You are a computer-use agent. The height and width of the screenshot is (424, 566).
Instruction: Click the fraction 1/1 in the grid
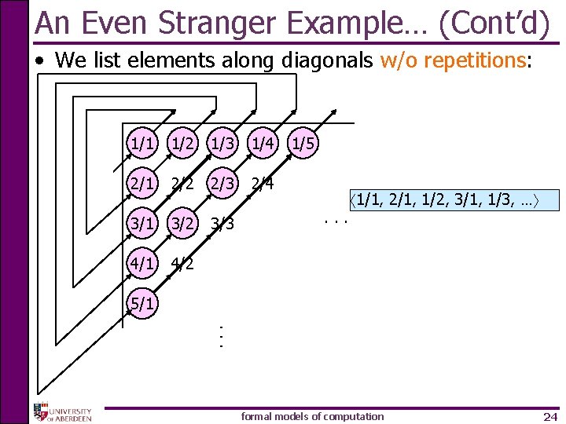(142, 144)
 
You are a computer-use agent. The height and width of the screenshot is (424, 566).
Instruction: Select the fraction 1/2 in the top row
(182, 144)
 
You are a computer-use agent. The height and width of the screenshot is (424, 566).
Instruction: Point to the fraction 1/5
(303, 144)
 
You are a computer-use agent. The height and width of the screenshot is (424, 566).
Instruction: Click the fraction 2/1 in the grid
(142, 185)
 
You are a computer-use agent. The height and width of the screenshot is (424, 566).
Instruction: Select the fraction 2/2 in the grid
(182, 185)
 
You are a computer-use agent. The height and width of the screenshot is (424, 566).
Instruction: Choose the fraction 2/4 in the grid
(262, 185)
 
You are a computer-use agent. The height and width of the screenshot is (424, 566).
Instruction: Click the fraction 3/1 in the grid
(142, 224)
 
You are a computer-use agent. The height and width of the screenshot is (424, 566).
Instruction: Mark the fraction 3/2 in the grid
(182, 224)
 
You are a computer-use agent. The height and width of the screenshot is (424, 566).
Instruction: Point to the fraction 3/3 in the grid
(222, 225)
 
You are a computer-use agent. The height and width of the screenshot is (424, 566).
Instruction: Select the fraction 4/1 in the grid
(142, 263)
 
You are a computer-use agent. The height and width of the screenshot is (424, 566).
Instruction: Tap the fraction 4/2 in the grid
(182, 264)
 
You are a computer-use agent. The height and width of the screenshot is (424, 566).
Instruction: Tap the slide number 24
(549, 416)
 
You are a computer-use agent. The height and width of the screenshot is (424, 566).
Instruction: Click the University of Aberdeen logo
(62, 412)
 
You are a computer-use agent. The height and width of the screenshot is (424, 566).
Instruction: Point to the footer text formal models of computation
(312, 416)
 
